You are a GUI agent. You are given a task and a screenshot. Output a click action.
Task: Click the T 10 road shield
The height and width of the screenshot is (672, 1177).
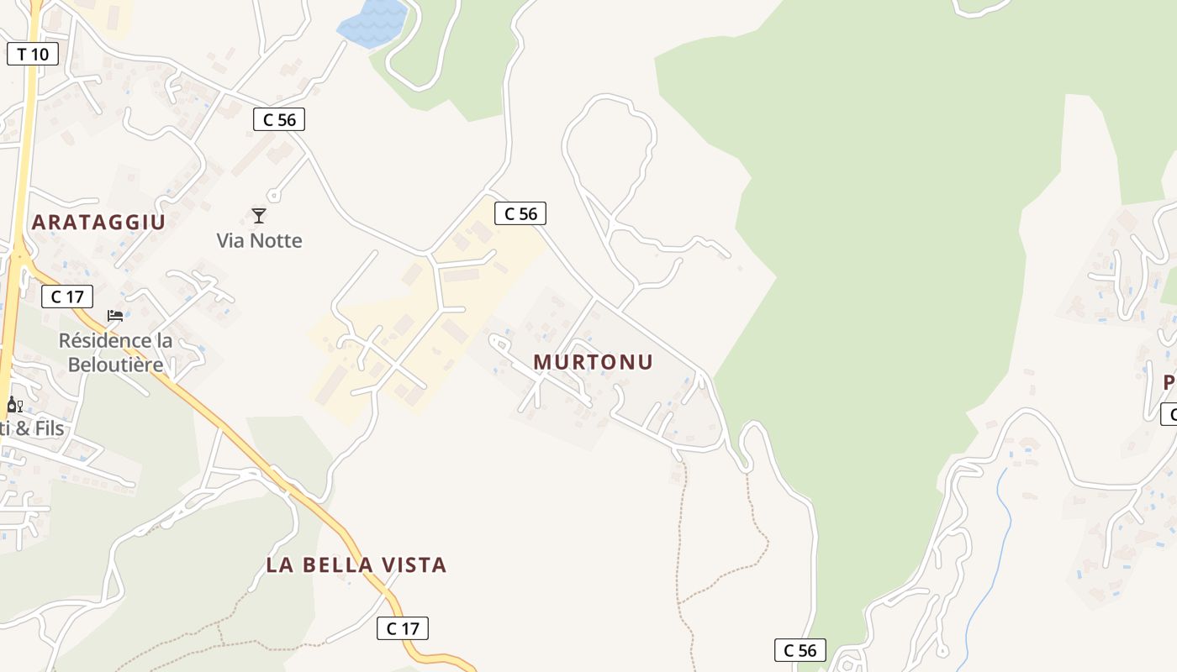click(33, 55)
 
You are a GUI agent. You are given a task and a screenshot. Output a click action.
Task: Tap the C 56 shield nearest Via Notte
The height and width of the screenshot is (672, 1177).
click(279, 120)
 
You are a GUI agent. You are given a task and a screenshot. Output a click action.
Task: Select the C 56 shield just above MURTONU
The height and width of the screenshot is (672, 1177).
click(520, 214)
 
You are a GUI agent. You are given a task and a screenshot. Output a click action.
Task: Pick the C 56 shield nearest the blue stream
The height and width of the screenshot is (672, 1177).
click(800, 650)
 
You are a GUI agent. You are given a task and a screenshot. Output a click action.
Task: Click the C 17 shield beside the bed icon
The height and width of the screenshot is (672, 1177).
click(67, 297)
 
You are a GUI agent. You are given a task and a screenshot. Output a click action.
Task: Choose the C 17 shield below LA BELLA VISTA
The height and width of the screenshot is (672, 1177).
click(403, 628)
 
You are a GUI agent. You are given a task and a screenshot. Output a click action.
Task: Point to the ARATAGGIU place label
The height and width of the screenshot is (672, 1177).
click(98, 223)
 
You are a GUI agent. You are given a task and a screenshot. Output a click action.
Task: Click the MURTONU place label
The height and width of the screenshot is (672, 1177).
click(593, 362)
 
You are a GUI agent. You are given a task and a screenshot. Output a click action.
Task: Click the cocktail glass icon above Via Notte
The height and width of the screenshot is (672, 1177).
click(259, 216)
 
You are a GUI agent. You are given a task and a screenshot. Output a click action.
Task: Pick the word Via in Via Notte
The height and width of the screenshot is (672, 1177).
click(230, 241)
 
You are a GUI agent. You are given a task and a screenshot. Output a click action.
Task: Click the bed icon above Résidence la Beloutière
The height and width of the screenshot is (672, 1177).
click(115, 316)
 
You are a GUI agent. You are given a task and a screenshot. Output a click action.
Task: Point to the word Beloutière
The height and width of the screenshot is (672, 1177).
click(115, 365)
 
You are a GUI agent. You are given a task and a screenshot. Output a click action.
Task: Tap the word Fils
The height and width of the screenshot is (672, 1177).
click(50, 428)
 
